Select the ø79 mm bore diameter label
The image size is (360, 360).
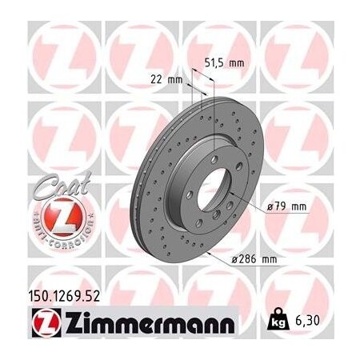286,206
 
